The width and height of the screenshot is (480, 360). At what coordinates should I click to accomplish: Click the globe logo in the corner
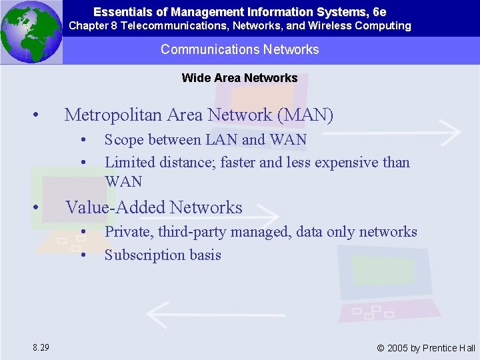coord(31,32)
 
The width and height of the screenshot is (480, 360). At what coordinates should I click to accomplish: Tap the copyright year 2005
coord(398,348)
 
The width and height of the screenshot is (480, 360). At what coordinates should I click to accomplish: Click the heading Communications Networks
coord(240,49)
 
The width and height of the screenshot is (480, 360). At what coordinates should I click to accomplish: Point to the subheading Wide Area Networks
coord(240,78)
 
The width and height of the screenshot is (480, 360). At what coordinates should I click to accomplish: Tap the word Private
coord(127,232)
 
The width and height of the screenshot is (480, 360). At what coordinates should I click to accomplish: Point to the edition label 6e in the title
coord(379,12)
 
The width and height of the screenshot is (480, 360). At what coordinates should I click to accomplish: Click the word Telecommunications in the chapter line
coord(179,26)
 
